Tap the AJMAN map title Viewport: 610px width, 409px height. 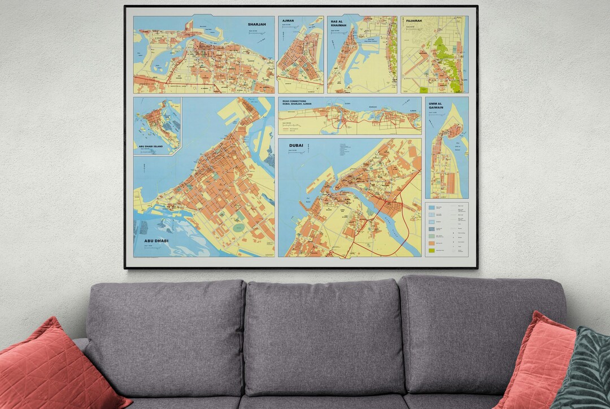[x=287, y=21]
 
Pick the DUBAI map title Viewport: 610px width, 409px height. [x=296, y=146]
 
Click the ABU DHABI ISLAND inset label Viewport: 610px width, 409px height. [x=153, y=146]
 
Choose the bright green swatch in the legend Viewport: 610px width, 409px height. [x=432, y=250]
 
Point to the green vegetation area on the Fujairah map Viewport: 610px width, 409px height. [x=443, y=56]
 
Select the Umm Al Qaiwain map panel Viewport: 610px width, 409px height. [x=446, y=158]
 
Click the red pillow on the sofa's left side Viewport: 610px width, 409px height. [x=54, y=367]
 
